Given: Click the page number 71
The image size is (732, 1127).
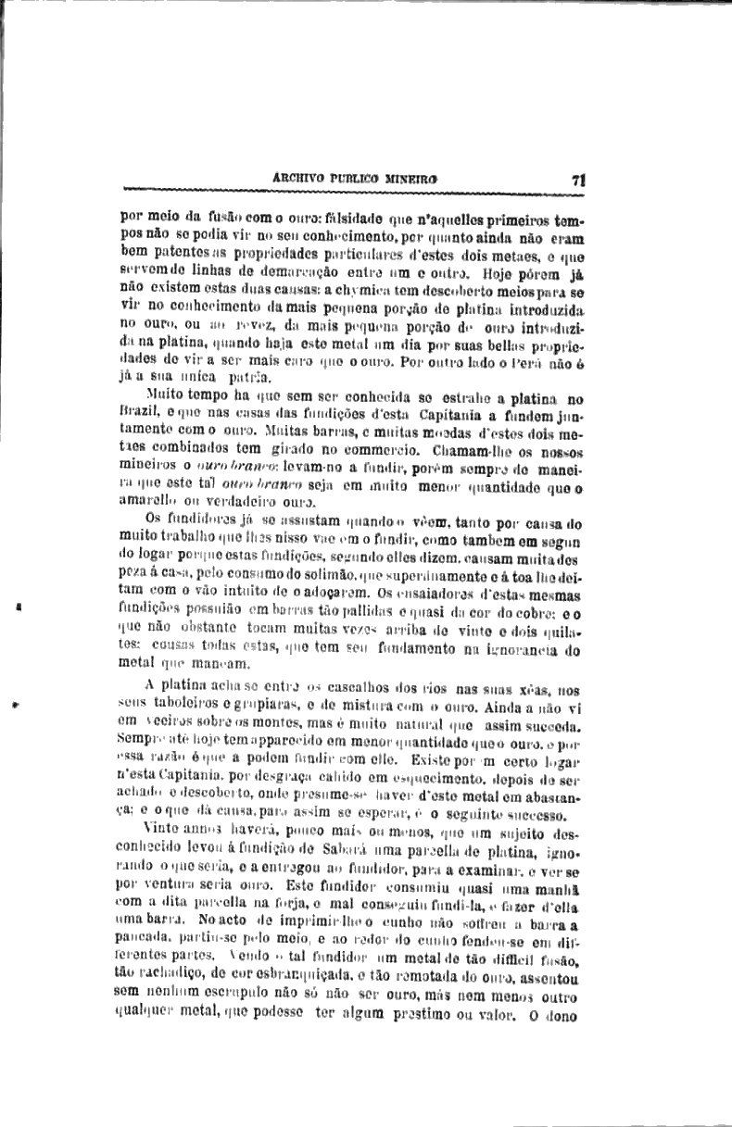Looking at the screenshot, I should click(576, 181).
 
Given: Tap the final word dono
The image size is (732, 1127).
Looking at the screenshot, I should click(562, 1012).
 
